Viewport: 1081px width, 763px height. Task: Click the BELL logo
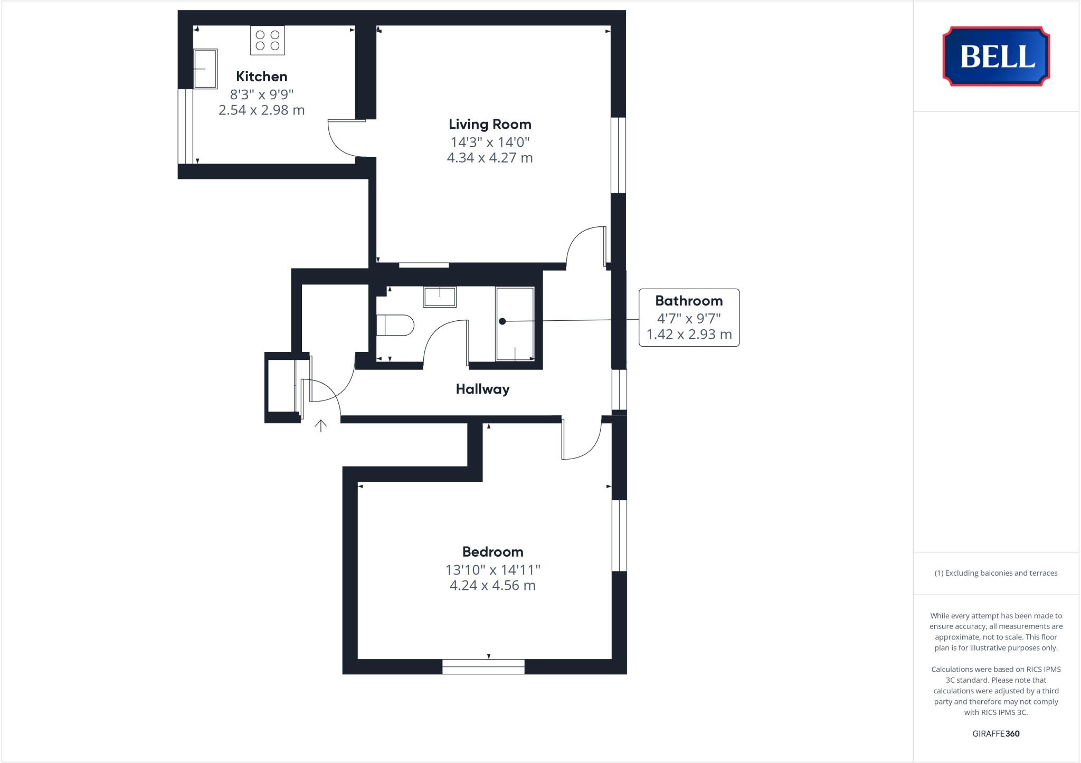pos(996,56)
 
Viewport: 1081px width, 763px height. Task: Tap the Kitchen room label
pos(261,77)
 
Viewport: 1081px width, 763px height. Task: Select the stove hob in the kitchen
pos(268,40)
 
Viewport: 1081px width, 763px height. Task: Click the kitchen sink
pos(205,69)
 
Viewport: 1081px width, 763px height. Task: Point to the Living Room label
pos(490,125)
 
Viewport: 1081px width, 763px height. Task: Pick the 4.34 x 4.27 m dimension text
pos(490,158)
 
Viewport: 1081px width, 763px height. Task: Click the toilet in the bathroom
pos(395,325)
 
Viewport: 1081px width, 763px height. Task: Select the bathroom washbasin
pos(440,297)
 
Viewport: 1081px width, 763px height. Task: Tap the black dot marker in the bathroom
pos(502,321)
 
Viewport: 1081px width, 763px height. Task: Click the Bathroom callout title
pos(689,301)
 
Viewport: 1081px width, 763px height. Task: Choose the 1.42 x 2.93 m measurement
pos(689,335)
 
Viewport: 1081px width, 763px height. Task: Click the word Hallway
pos(482,389)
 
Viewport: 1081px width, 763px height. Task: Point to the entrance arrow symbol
pos(321,425)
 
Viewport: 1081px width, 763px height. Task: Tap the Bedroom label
pos(492,552)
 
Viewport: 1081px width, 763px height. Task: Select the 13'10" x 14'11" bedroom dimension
pos(492,570)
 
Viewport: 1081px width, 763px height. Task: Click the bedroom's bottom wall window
pos(483,666)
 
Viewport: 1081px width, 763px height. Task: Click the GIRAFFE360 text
pos(996,733)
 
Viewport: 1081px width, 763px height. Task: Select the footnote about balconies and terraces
pos(996,573)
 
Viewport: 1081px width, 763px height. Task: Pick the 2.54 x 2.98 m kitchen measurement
pos(261,110)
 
